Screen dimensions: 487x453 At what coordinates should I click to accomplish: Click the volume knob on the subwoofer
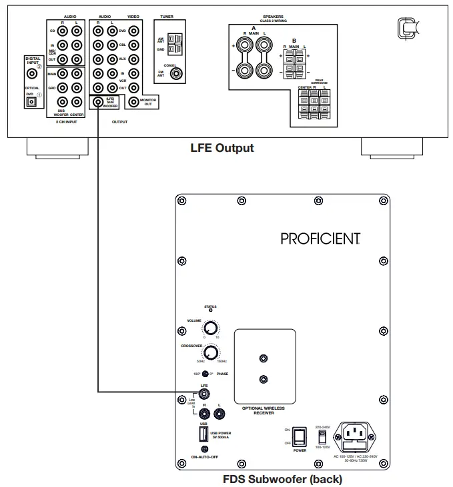point(211,328)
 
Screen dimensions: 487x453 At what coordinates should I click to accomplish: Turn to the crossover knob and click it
point(211,353)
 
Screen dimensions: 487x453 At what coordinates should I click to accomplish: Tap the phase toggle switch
point(206,374)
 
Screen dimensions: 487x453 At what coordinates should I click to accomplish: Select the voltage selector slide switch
point(322,436)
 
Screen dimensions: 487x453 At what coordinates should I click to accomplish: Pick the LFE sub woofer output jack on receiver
point(98,102)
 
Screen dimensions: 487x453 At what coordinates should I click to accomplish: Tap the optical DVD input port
point(30,101)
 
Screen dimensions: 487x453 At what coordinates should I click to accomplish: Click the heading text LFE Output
point(222,148)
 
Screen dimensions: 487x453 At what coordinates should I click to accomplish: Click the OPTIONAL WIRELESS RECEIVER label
point(265,410)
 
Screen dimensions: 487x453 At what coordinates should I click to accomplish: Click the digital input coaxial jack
point(31,75)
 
